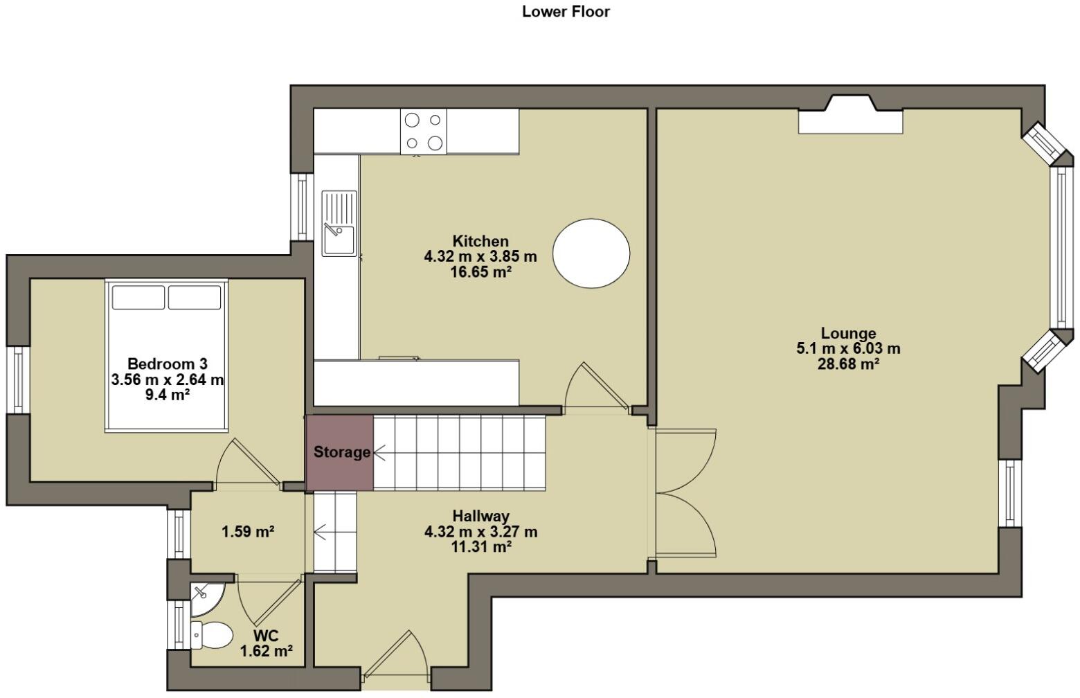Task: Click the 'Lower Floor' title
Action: pos(566,12)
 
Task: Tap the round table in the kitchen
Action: pos(591,253)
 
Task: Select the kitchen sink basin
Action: pos(339,241)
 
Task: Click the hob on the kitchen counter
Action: pos(423,132)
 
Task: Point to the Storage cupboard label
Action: pos(342,452)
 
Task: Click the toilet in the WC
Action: pos(211,635)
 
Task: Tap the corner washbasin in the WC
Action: pos(207,600)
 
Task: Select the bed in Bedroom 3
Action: pos(166,356)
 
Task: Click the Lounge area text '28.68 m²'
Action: pos(848,364)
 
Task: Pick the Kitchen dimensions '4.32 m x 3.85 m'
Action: pos(480,256)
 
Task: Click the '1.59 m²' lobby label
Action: pos(248,532)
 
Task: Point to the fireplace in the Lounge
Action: pos(850,115)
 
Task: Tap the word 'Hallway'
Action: pos(481,516)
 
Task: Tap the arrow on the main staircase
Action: pos(379,453)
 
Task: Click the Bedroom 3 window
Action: pos(18,379)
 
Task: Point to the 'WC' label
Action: pos(266,636)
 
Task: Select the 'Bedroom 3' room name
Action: pos(168,364)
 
